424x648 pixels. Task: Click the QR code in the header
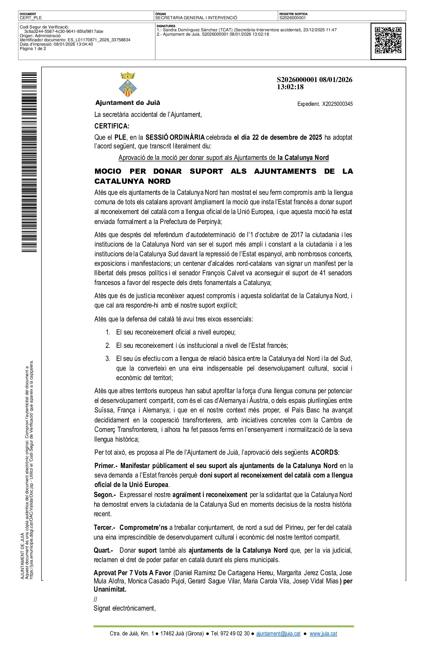tap(388, 41)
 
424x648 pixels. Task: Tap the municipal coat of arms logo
tap(128, 85)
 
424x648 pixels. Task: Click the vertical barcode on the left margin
tap(29, 162)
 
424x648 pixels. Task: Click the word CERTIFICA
tap(112, 126)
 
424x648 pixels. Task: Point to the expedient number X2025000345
tap(337, 104)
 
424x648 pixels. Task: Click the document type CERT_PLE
tap(31, 18)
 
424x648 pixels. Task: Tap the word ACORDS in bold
tap(324, 452)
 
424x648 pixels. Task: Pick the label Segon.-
tap(105, 495)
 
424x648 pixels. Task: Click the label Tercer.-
tap(104, 528)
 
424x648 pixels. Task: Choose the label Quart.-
tap(103, 550)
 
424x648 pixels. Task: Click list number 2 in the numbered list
tap(108, 346)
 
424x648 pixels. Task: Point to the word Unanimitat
tap(110, 590)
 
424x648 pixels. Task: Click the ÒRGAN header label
tap(160, 14)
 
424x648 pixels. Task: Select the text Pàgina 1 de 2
tap(33, 49)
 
